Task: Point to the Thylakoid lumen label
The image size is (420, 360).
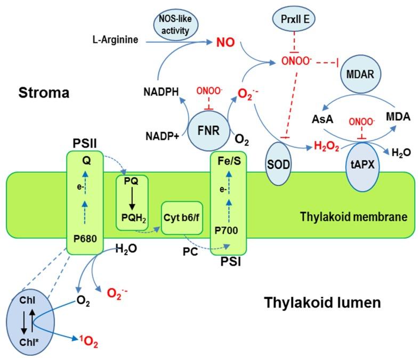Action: pos(323,303)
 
